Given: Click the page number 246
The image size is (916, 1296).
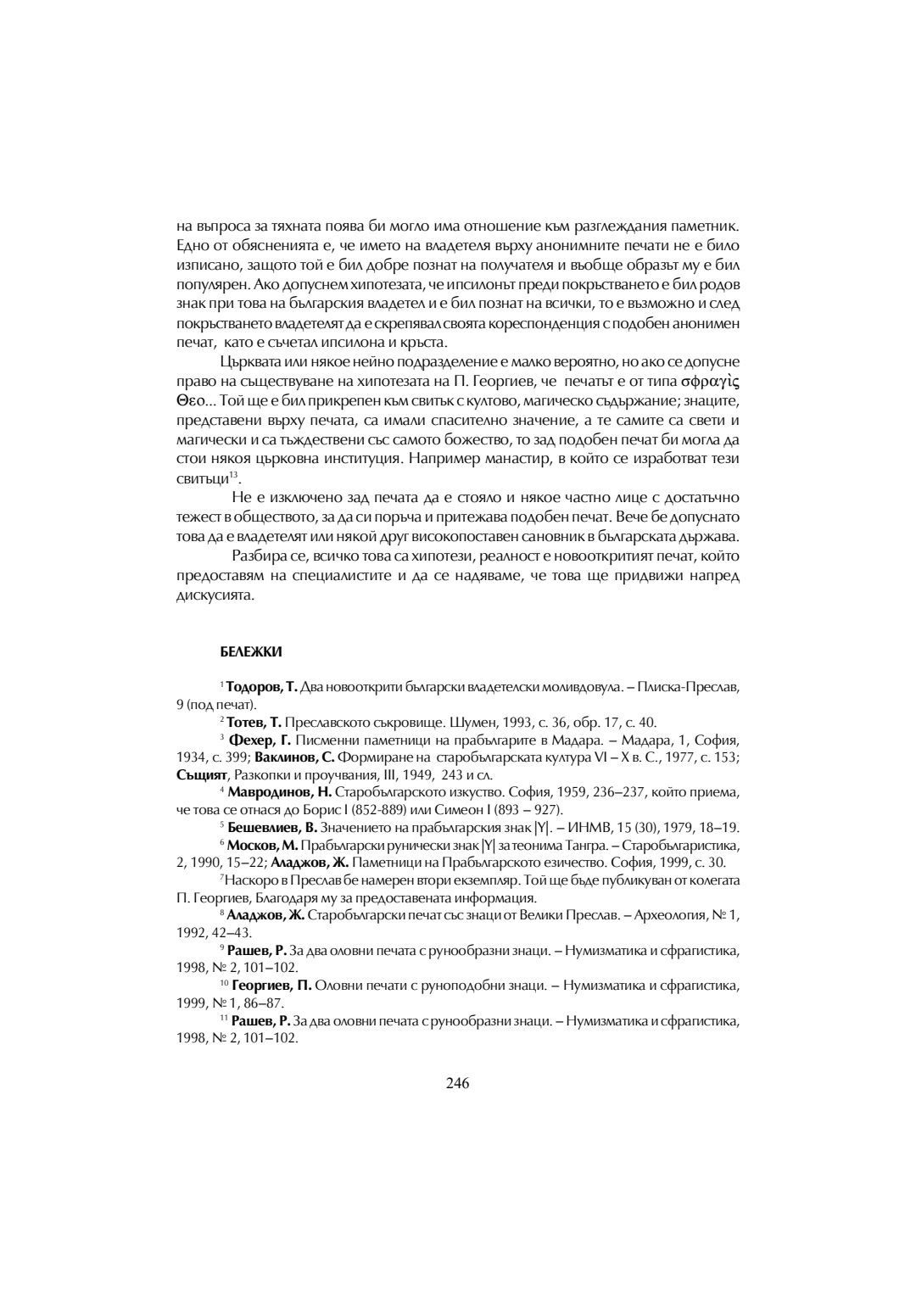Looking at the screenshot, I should point(457,1082).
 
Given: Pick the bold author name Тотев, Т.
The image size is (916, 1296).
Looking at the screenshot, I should point(254,722).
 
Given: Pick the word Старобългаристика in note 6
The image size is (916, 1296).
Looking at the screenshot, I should point(683,846).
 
